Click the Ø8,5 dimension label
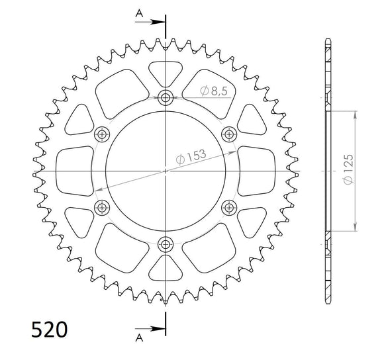(214, 91)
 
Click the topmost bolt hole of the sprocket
(166, 98)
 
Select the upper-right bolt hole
(229, 134)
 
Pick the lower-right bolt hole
(229, 208)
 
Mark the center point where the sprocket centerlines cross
(166, 171)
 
